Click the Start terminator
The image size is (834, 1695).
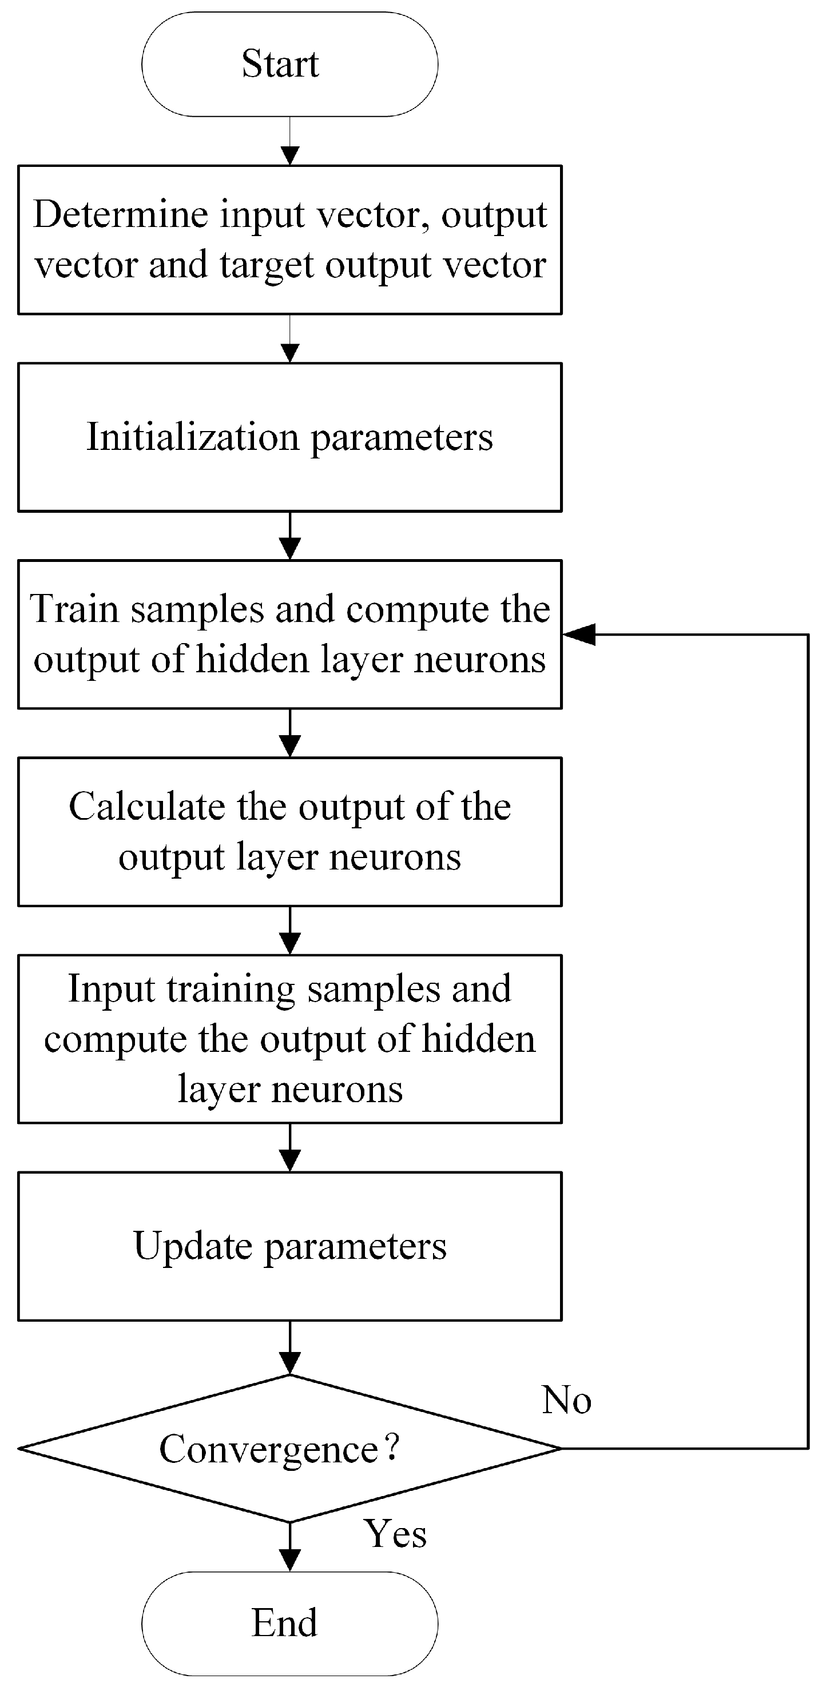(289, 64)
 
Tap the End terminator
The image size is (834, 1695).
(289, 1624)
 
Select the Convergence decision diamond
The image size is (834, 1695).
(289, 1447)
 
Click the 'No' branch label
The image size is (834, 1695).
(566, 1399)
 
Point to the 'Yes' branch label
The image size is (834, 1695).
(395, 1534)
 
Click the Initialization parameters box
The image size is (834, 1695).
(289, 437)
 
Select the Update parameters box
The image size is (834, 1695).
(289, 1246)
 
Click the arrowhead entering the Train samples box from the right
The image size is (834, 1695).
(579, 635)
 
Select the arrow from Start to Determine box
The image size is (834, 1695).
(289, 141)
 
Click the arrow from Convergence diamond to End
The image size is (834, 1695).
(289, 1546)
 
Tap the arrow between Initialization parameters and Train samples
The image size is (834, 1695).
(289, 536)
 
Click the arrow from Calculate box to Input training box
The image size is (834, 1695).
(289, 931)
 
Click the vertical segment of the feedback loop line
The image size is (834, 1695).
(808, 1040)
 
